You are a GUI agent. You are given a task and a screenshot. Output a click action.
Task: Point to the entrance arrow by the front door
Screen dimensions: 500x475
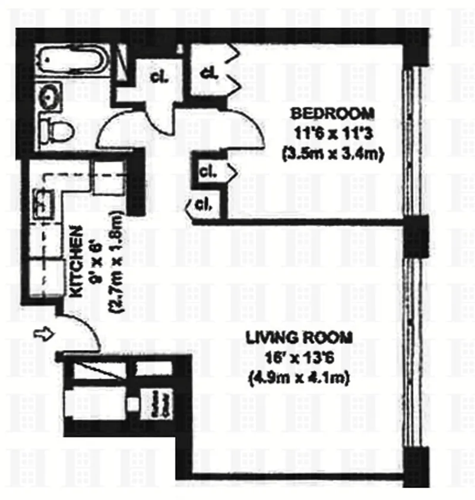click(45, 336)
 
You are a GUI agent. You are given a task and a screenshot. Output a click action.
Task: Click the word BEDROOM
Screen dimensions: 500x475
click(332, 113)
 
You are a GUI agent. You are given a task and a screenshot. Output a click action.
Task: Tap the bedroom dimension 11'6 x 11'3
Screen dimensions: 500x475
click(332, 133)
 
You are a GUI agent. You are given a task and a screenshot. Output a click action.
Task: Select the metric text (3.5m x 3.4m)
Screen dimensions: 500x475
click(332, 153)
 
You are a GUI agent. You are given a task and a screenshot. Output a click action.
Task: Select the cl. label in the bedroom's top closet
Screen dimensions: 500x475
click(209, 74)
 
